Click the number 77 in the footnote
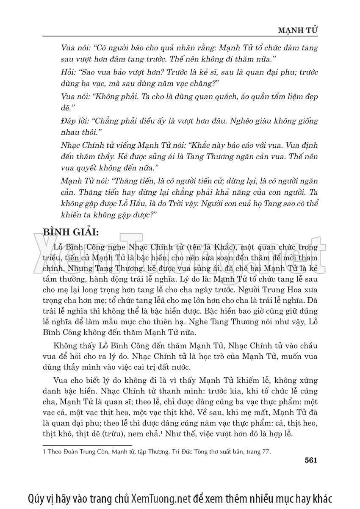tap(266, 452)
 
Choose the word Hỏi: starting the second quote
tap(69, 72)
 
